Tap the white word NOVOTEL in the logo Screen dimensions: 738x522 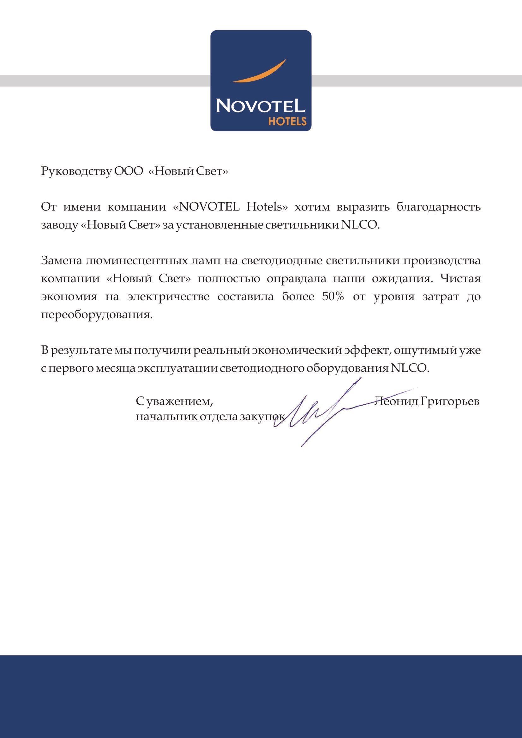[x=261, y=105]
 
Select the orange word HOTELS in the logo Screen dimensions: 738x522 [x=287, y=122]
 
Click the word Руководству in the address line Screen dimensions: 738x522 [x=76, y=171]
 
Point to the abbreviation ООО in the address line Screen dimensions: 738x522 [x=129, y=171]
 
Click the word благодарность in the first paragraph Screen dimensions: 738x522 [x=438, y=207]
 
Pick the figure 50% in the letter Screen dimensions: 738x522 [x=333, y=296]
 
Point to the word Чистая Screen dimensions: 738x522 [x=460, y=278]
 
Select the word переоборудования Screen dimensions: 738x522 [x=97, y=314]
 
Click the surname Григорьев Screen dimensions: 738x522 [x=450, y=402]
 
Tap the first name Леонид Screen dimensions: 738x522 [x=396, y=401]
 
